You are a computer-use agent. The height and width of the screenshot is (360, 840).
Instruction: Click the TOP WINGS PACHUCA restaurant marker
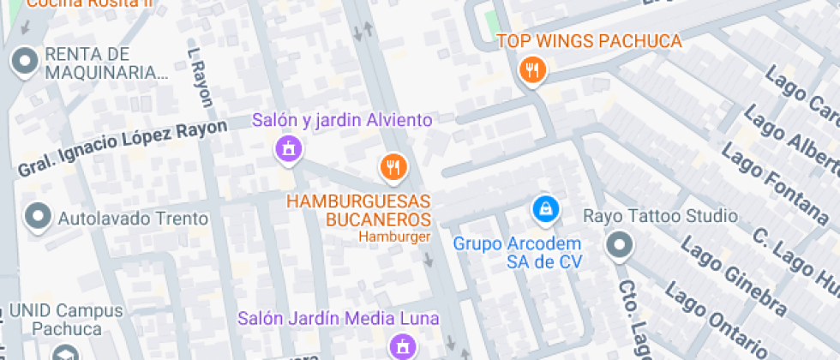532,70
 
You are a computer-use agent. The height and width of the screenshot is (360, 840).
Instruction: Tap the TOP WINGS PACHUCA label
590,41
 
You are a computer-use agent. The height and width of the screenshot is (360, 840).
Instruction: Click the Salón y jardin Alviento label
342,121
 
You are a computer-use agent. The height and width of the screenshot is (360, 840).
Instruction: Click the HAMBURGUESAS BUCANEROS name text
358,210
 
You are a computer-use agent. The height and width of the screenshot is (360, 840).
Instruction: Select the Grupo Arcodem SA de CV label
518,253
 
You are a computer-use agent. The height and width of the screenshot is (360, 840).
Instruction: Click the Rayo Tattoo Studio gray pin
618,247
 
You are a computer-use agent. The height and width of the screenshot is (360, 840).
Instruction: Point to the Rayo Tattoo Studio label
660,215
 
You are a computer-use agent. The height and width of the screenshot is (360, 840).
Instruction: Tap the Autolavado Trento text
133,219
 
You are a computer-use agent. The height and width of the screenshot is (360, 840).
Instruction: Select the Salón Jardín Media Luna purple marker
399,346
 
